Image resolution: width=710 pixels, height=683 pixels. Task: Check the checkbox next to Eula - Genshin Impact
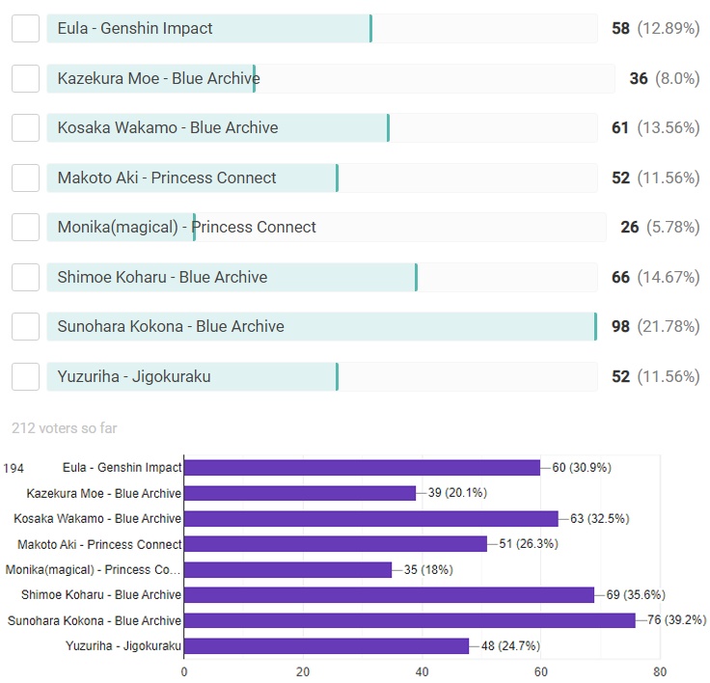tap(25, 28)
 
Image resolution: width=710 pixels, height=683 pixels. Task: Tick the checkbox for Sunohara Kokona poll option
tap(25, 326)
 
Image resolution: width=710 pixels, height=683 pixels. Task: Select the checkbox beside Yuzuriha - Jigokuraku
tap(25, 376)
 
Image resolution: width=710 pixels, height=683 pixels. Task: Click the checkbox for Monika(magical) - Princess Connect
tap(25, 227)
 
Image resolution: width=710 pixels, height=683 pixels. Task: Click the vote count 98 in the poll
tap(620, 326)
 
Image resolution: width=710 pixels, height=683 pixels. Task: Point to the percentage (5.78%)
tap(673, 227)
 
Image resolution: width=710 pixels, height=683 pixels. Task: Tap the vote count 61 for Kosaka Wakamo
tap(620, 127)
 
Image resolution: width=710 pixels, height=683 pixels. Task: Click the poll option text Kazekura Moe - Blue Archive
tap(158, 78)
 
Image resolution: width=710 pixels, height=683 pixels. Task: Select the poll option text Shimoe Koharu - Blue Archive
tap(162, 277)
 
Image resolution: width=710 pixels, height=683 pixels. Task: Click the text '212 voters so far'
tap(65, 427)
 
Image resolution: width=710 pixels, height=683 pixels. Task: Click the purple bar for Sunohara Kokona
tap(409, 620)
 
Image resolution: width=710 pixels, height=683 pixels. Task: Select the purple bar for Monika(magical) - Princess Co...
tap(287, 569)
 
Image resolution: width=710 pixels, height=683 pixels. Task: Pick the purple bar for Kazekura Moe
tap(299, 493)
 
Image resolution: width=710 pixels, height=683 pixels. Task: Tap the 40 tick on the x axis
tap(422, 671)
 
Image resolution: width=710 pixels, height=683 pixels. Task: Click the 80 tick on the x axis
tap(659, 671)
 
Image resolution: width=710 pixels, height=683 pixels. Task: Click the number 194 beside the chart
tap(14, 468)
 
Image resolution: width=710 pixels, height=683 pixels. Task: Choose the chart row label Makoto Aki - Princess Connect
tap(99, 544)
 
